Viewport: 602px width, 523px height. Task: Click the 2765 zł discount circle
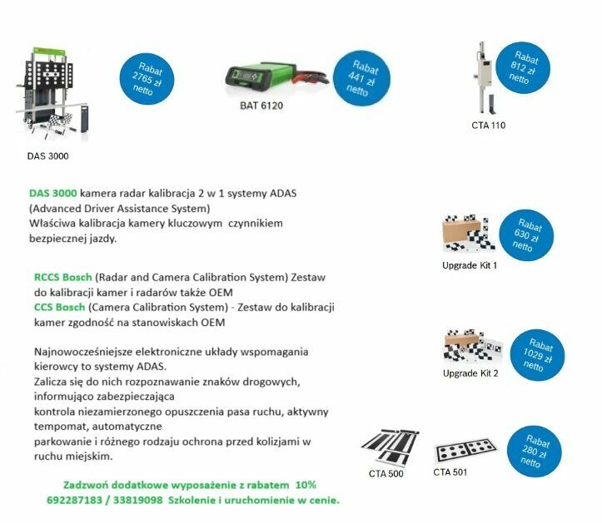tap(147, 79)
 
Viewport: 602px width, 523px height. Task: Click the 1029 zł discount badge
tap(538, 356)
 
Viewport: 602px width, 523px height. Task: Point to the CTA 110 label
tap(488, 126)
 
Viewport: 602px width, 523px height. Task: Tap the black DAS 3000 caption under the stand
tap(47, 155)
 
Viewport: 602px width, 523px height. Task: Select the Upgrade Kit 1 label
tap(470, 265)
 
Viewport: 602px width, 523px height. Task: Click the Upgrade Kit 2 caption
tap(470, 373)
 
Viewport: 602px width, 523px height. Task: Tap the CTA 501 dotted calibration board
tap(465, 451)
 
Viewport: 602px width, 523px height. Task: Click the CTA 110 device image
tap(482, 79)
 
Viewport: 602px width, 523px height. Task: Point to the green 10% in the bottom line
tap(306, 485)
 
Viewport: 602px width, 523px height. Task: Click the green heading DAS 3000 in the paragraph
tap(52, 193)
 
